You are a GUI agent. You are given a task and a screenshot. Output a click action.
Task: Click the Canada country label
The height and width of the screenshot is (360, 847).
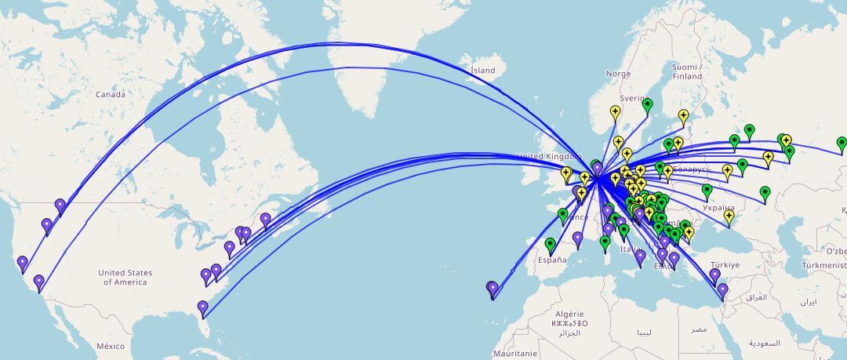pyautogui.click(x=111, y=94)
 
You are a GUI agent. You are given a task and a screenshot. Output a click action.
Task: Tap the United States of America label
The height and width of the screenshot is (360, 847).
pyautogui.click(x=125, y=277)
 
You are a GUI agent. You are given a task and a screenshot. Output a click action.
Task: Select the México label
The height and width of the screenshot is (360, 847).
pyautogui.click(x=111, y=346)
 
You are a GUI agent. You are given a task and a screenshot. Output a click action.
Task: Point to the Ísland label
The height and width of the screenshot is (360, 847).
pyautogui.click(x=483, y=71)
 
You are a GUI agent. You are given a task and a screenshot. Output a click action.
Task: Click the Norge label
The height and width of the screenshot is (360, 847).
pyautogui.click(x=618, y=74)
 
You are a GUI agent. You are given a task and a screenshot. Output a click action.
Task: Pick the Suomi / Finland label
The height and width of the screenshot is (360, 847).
pyautogui.click(x=687, y=71)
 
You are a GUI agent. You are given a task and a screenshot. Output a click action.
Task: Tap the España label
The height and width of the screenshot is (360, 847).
pyautogui.click(x=552, y=260)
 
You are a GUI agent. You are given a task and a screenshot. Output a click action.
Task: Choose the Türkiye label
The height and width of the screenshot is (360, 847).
pyautogui.click(x=725, y=265)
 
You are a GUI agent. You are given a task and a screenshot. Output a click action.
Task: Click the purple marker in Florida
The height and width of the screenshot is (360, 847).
pyautogui.click(x=203, y=308)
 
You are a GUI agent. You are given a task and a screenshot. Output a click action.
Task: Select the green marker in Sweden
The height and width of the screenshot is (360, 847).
pyautogui.click(x=647, y=105)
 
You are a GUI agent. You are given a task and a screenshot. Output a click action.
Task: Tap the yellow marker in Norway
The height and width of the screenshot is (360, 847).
pyautogui.click(x=615, y=113)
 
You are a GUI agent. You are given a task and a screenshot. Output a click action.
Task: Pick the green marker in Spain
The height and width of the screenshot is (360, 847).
pyautogui.click(x=550, y=245)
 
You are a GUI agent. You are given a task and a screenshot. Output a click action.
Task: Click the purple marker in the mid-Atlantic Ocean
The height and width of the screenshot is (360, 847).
pyautogui.click(x=493, y=289)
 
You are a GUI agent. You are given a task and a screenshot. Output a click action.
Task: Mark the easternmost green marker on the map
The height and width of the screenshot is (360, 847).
pyautogui.click(x=842, y=144)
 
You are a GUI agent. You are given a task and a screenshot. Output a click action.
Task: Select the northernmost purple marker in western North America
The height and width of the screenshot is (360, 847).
pyautogui.click(x=60, y=207)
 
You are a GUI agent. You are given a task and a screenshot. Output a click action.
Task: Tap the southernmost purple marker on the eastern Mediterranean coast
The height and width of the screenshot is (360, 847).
pyautogui.click(x=722, y=292)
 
